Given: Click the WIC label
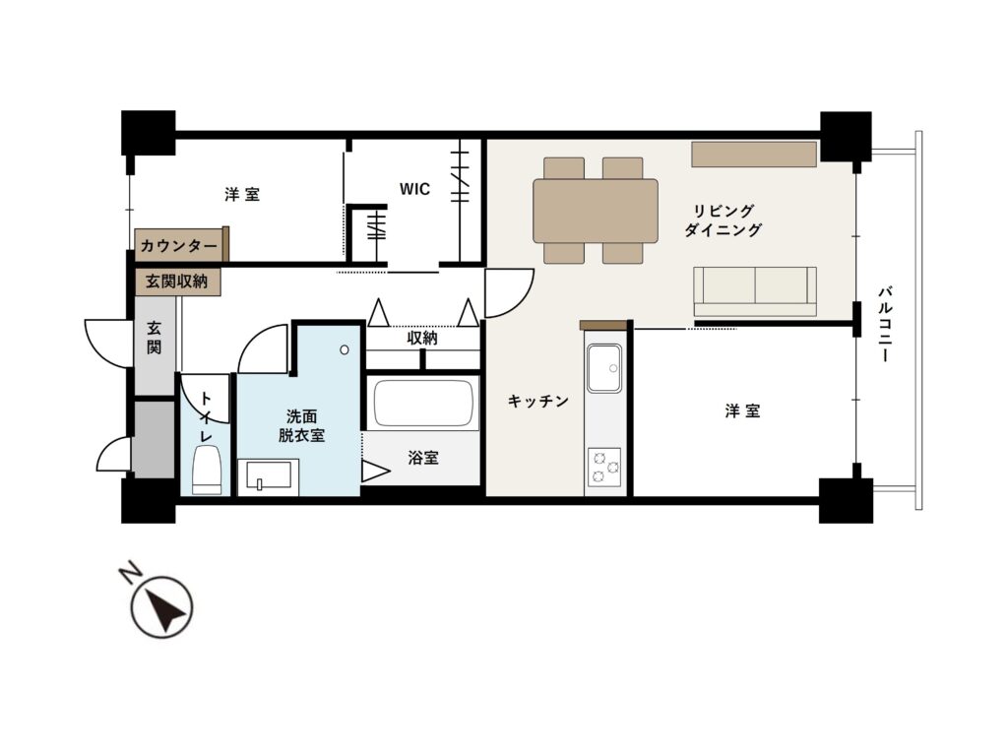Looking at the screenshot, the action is pos(414,189).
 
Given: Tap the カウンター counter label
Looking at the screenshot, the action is pos(179,246).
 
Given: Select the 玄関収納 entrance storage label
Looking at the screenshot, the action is pos(176,282).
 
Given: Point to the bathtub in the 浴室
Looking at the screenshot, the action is pos(423,403).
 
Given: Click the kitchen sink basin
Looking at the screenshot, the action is pos(604,368).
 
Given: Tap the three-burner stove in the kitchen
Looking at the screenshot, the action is pos(604,467).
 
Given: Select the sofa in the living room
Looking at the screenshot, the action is pos(755,291).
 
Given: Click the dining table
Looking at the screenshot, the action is pos(596,211).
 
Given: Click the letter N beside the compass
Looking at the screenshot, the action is pos(130,572).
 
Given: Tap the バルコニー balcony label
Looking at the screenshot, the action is pos(885,325).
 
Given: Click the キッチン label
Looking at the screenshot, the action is pos(538,402).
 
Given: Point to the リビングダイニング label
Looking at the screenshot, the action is pos(724,220).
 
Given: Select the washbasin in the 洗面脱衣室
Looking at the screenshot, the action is pos(269,477).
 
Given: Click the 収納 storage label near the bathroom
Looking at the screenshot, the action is pos(422,339).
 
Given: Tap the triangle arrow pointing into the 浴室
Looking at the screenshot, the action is pos(375,472).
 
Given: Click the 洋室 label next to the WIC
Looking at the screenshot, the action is pos(242,194).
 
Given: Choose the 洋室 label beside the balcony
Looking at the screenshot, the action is pos(742,410).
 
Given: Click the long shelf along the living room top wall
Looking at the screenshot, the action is pos(754,155).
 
